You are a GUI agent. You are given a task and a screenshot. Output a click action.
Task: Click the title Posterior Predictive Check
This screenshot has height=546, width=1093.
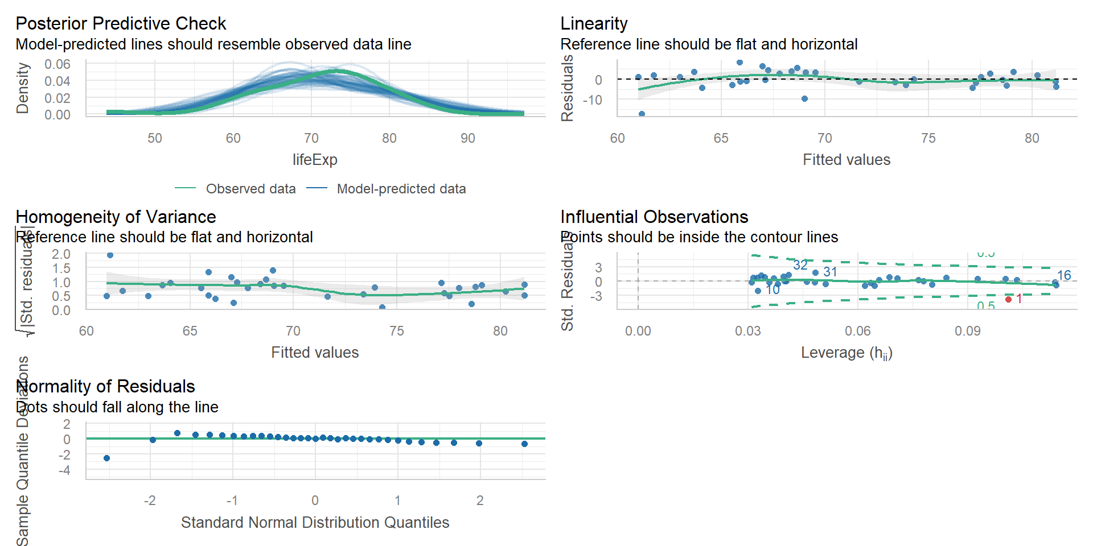pyautogui.click(x=121, y=23)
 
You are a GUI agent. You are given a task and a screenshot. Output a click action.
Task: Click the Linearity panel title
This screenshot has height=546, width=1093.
pyautogui.click(x=594, y=23)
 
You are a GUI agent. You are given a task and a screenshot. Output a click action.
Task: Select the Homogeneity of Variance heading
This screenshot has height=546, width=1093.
pyautogui.click(x=116, y=217)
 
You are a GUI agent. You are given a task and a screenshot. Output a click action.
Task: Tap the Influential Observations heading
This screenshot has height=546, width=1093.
pyautogui.click(x=654, y=217)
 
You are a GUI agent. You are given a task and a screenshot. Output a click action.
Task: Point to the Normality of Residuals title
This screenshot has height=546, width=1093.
pyautogui.click(x=106, y=386)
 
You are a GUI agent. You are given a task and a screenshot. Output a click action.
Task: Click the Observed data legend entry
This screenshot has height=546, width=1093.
pyautogui.click(x=250, y=189)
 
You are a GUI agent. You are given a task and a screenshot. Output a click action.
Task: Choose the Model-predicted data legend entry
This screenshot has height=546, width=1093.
pyautogui.click(x=401, y=189)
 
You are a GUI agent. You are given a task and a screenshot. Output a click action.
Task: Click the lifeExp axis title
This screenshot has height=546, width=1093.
pyautogui.click(x=315, y=160)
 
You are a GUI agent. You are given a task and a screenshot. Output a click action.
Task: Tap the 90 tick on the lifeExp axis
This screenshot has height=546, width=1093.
pyautogui.click(x=467, y=138)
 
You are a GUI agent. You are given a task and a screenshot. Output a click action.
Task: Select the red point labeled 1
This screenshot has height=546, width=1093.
pyautogui.click(x=1008, y=299)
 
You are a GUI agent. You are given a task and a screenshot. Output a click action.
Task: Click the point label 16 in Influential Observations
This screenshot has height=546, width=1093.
pyautogui.click(x=1064, y=275)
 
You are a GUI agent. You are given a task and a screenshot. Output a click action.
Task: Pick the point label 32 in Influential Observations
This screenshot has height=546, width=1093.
pyautogui.click(x=800, y=265)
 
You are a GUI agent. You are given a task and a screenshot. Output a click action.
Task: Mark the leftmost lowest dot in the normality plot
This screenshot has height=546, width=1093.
pyautogui.click(x=106, y=458)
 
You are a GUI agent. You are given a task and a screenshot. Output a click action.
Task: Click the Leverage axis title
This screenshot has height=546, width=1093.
pyautogui.click(x=847, y=353)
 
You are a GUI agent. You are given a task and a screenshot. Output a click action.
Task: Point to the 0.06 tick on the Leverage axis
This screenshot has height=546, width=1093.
pyautogui.click(x=857, y=331)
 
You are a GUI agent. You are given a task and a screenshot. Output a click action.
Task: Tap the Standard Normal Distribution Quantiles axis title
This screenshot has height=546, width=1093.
pyautogui.click(x=315, y=523)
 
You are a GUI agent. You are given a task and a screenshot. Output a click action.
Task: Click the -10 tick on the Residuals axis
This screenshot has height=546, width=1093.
pyautogui.click(x=592, y=100)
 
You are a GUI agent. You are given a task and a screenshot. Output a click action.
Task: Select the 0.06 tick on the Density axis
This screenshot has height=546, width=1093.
pyautogui.click(x=57, y=64)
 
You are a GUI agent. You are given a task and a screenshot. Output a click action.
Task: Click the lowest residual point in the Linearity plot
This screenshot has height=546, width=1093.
pyautogui.click(x=642, y=114)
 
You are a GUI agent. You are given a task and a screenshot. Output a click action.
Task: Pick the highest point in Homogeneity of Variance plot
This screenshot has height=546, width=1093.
pyautogui.click(x=110, y=255)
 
